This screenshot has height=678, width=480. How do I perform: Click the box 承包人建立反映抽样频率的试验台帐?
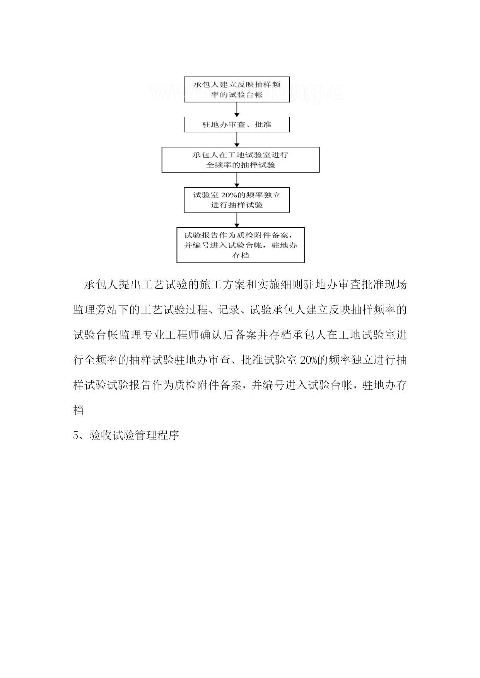[237, 89]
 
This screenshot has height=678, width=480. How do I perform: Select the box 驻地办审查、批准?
[237, 124]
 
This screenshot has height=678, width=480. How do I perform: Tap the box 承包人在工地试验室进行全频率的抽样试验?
[241, 160]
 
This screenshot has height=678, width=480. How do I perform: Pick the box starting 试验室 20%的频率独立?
[237, 200]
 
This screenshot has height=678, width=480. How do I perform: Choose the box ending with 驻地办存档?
[241, 245]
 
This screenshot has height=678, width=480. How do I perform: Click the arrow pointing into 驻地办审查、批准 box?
[237, 110]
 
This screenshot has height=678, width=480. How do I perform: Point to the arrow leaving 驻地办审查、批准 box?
[237, 140]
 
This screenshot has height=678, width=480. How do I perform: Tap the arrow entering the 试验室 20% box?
[237, 180]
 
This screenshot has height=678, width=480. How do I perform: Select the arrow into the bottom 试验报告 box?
[237, 220]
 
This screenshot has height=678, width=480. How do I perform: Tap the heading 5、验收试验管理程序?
[126, 435]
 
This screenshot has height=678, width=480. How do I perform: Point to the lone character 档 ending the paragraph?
[79, 410]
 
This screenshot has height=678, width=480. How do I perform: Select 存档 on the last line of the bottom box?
[240, 255]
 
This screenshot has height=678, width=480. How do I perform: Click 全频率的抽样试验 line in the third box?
[240, 165]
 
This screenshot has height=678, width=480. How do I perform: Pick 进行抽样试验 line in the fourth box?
[237, 205]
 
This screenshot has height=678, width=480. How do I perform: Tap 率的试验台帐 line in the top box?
[237, 95]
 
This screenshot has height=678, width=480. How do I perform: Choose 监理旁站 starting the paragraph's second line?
[96, 310]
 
